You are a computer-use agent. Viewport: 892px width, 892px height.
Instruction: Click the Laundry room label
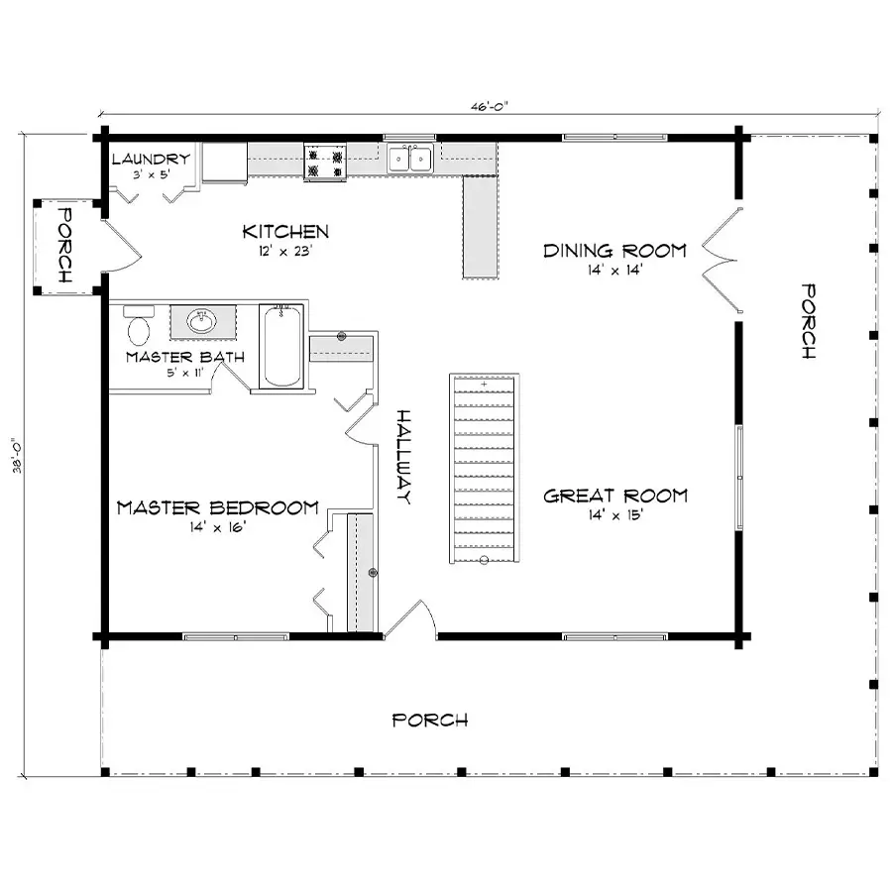(x=151, y=160)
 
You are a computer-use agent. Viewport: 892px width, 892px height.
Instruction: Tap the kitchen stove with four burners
(x=325, y=163)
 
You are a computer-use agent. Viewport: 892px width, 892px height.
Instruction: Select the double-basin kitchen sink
(x=410, y=158)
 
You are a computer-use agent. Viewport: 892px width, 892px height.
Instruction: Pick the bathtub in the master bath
(x=281, y=347)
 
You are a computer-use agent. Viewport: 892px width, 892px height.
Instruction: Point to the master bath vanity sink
(x=203, y=322)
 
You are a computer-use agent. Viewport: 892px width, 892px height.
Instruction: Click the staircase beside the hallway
(x=484, y=468)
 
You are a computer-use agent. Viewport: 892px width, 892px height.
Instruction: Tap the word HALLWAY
(x=403, y=456)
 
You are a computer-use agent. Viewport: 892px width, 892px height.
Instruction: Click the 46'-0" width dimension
(x=489, y=106)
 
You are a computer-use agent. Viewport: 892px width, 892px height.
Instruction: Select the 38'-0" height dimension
(x=17, y=455)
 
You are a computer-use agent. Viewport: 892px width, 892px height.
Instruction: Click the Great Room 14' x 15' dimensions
(x=615, y=514)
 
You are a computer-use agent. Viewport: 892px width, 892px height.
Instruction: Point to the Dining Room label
(x=614, y=251)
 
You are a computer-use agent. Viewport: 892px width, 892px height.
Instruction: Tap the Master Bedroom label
(x=217, y=507)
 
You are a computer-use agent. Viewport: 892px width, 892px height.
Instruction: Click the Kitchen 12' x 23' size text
(x=285, y=251)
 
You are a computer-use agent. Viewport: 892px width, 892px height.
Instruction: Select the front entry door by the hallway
(x=410, y=618)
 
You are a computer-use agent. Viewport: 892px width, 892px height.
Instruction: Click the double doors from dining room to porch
(x=723, y=261)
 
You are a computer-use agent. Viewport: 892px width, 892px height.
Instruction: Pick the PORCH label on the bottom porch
(x=430, y=721)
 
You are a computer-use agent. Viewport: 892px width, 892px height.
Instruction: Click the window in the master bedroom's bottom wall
(x=236, y=636)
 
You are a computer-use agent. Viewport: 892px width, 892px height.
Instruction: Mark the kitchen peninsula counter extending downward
(x=481, y=227)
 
